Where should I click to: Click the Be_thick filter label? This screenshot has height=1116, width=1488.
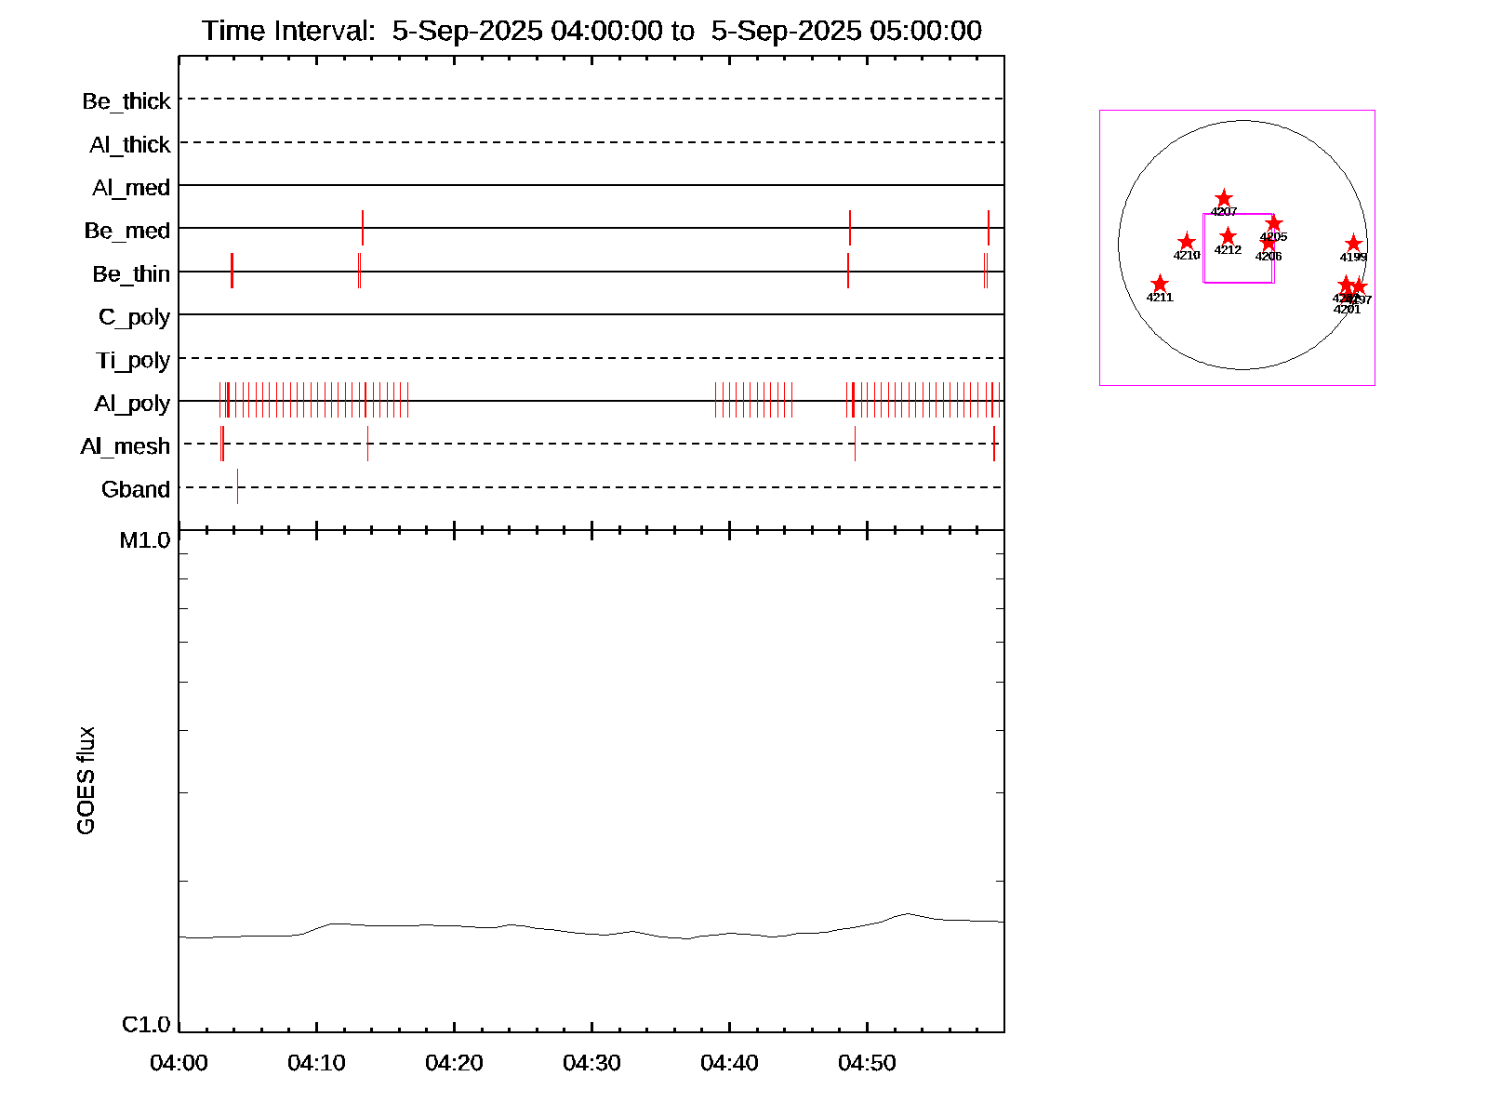pos(126,101)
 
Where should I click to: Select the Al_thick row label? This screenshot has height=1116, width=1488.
pos(130,145)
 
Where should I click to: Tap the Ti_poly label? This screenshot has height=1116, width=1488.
pos(133,360)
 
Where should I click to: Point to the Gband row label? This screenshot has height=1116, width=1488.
pos(136,489)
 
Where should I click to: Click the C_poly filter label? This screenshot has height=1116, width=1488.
pos(134,317)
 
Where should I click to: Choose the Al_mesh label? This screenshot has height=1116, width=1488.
pos(126,446)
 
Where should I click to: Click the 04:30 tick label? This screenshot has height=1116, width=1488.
pos(591,1062)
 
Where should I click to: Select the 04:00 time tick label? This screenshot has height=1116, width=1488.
pos(179,1062)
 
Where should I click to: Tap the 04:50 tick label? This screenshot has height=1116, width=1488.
pos(867,1062)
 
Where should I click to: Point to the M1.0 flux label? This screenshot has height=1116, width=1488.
pos(145,540)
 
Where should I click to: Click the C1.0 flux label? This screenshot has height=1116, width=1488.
pos(146,1025)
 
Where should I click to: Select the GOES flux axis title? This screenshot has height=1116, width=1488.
pos(86,780)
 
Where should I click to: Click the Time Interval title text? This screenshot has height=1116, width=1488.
pos(591,31)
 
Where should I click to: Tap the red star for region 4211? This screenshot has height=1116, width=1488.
pos(1160,284)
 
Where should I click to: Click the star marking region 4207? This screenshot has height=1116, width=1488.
pos(1224,198)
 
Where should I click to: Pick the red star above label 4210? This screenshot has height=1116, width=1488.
pos(1187,242)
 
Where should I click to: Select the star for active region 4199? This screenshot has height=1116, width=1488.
pos(1353,244)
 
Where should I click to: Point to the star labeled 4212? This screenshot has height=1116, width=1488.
pos(1228,236)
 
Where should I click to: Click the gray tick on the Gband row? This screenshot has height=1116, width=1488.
pos(237,486)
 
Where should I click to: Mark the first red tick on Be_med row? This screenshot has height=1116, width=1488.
pos(363,228)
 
